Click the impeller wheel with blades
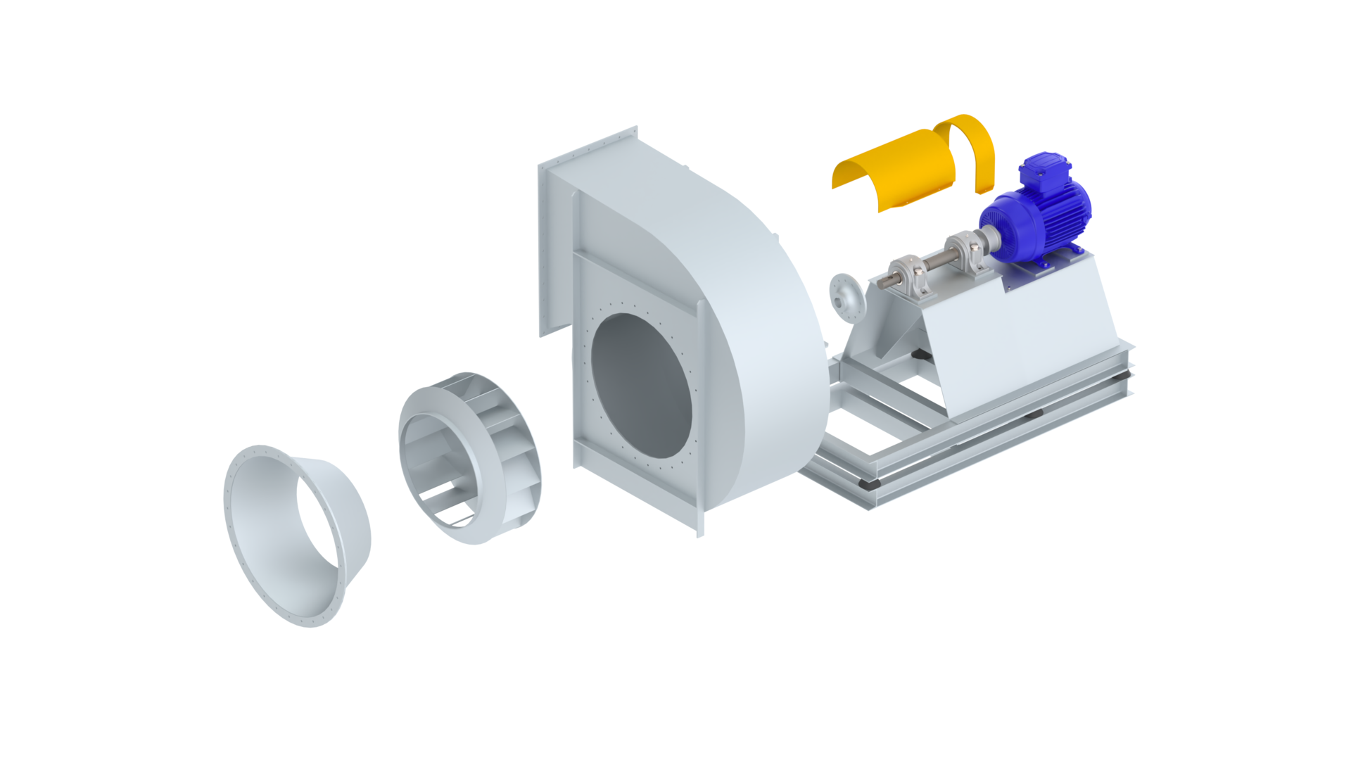pos(469,457)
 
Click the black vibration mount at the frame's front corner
pos(870,484)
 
